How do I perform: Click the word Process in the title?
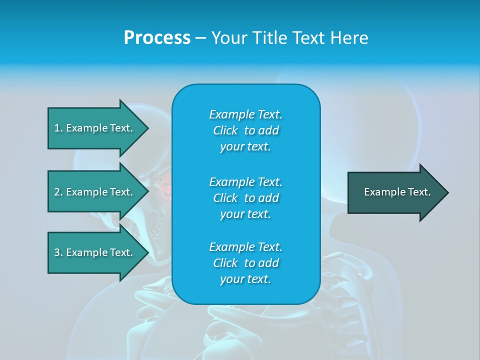point(157,38)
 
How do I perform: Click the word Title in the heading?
point(269,38)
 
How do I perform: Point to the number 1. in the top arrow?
point(58,128)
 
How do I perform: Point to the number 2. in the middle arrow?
point(58,192)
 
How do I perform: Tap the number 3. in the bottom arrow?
point(58,252)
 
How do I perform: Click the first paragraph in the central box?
point(245,130)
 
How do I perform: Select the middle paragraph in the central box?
point(245,198)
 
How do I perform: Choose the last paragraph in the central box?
point(245,263)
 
